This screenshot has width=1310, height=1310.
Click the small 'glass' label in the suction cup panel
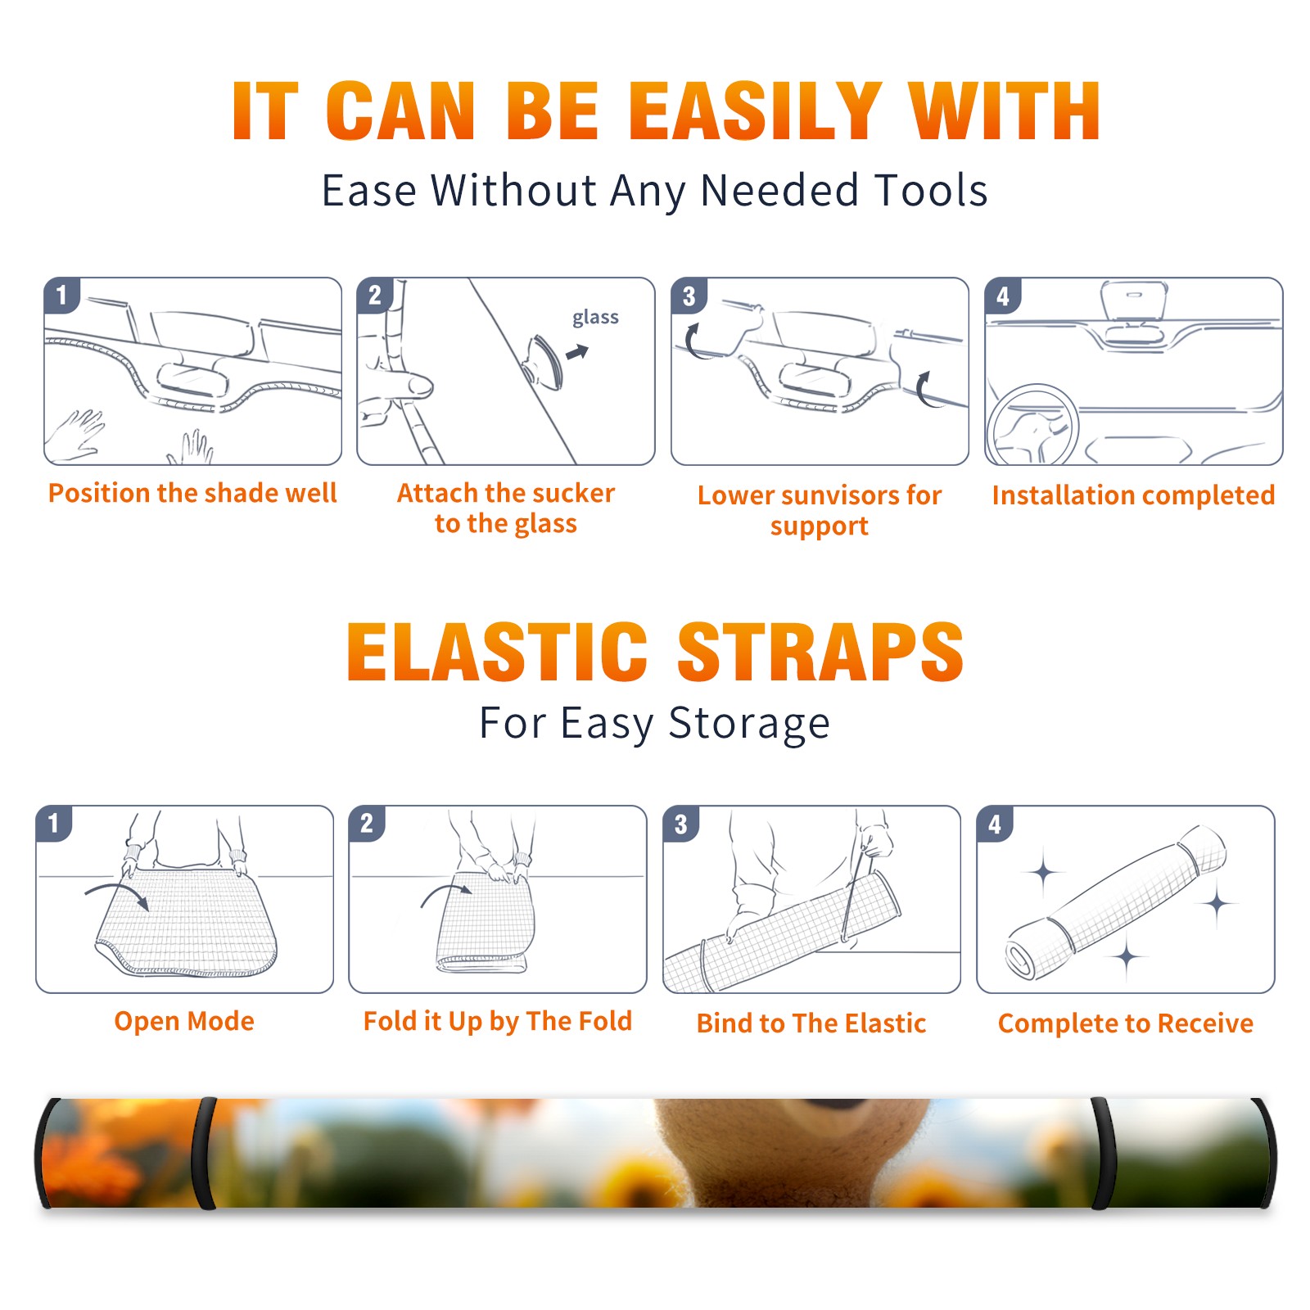click(595, 318)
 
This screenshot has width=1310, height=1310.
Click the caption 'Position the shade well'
click(192, 493)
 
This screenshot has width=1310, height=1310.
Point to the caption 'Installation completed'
click(1133, 495)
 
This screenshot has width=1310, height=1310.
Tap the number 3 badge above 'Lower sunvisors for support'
click(689, 296)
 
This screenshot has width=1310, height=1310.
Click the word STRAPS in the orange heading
click(820, 652)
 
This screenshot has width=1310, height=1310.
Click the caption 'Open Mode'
click(184, 1021)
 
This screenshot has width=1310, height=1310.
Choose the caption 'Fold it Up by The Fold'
click(498, 1022)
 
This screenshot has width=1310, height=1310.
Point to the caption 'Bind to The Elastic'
click(811, 1023)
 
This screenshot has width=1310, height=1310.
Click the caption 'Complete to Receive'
click(1126, 1023)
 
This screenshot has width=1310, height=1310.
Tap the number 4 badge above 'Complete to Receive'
click(995, 824)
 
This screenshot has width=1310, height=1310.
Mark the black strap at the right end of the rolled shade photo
click(1100, 1154)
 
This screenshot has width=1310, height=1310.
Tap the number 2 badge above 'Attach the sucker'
click(375, 296)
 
